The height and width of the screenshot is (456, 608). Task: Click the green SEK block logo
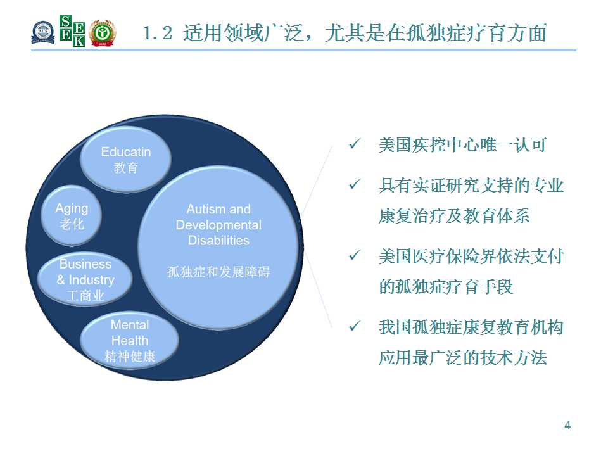tap(72, 31)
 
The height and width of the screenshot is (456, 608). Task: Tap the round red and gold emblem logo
tap(103, 32)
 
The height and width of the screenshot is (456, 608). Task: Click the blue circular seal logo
tap(42, 32)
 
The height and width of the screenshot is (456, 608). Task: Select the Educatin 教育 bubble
tap(125, 159)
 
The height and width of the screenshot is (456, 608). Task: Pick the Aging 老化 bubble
tap(72, 215)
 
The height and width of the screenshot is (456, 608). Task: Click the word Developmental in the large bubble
tap(218, 225)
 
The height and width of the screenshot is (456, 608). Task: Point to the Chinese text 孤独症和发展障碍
tap(218, 272)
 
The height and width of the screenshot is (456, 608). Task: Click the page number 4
tap(567, 426)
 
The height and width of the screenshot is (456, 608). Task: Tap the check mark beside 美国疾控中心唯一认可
tap(355, 144)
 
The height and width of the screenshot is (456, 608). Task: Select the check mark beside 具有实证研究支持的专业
tap(355, 184)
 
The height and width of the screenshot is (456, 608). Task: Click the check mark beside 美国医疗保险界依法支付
tap(355, 255)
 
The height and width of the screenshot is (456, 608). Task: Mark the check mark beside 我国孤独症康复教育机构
tap(355, 326)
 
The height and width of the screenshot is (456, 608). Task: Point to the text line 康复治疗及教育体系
tap(454, 216)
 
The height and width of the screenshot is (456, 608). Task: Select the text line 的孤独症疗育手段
tap(446, 287)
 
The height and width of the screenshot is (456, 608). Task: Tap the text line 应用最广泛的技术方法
tap(463, 357)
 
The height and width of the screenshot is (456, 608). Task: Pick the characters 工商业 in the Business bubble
tap(85, 296)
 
